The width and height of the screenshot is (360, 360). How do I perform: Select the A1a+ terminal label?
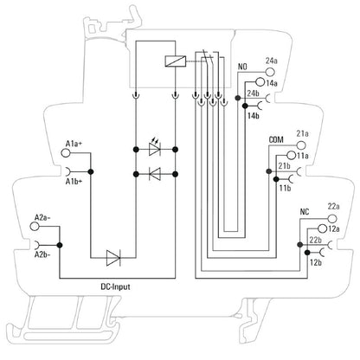[74, 143]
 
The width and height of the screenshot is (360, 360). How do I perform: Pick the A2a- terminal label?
[42, 217]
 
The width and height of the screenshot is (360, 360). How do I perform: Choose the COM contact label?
[277, 138]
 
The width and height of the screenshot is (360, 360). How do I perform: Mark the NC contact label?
[304, 210]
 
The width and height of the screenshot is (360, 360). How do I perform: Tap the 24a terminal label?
[271, 60]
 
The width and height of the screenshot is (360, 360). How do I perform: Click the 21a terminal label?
[302, 132]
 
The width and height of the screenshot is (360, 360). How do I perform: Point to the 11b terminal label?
[285, 187]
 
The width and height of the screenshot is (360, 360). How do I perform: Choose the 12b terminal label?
[316, 260]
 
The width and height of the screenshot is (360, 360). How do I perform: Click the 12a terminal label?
[334, 227]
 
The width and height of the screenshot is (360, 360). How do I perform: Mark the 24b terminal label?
[254, 93]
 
